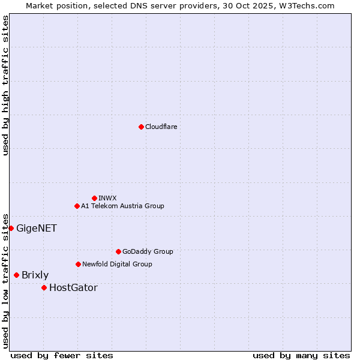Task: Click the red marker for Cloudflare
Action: click(141, 127)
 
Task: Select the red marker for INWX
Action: click(94, 198)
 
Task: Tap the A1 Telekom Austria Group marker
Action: click(77, 206)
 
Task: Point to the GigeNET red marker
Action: click(11, 228)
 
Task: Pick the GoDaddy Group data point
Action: click(118, 251)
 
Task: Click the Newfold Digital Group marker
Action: click(78, 264)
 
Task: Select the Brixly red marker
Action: click(16, 275)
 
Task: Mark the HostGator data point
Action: click(44, 287)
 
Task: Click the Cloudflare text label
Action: click(161, 127)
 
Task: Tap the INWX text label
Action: click(107, 198)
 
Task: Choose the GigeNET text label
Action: click(37, 228)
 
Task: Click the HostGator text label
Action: click(73, 287)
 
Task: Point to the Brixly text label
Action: click(35, 275)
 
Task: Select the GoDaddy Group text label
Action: click(148, 251)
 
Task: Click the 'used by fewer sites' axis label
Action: click(62, 355)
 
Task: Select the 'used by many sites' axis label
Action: click(301, 355)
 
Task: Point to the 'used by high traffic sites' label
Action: click(5, 85)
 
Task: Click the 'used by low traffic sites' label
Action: click(5, 280)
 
